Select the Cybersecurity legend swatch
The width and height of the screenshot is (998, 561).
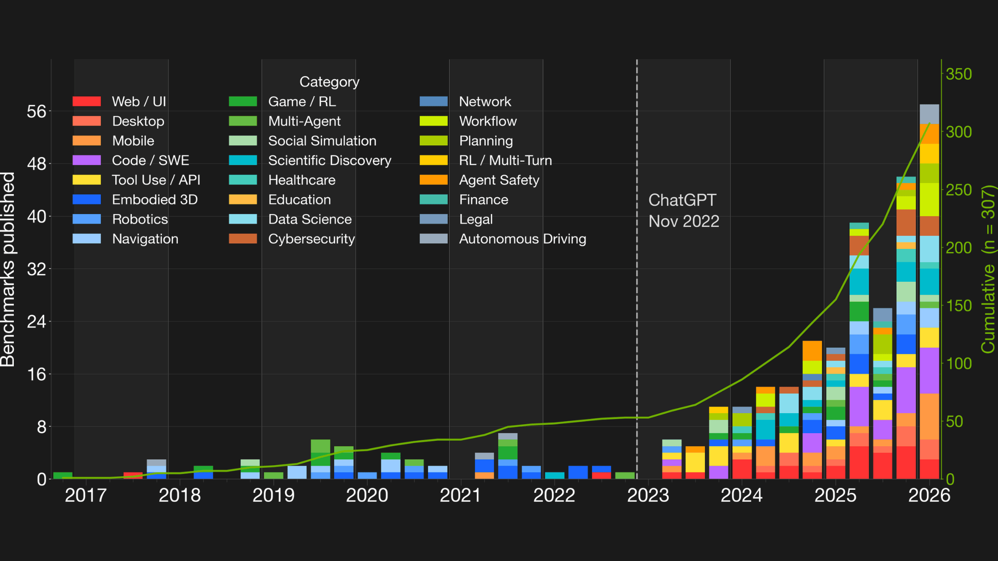pyautogui.click(x=243, y=239)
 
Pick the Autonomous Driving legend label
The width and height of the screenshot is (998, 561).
pyautogui.click(x=522, y=239)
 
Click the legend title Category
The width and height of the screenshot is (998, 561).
pyautogui.click(x=329, y=82)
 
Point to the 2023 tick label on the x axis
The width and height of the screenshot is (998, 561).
pyautogui.click(x=648, y=495)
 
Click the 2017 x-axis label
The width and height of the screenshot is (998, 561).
pyautogui.click(x=86, y=495)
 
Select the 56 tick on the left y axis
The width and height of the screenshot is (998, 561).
pyautogui.click(x=37, y=111)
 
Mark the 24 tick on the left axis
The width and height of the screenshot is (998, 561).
pyautogui.click(x=37, y=321)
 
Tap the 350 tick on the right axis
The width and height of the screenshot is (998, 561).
pyautogui.click(x=959, y=74)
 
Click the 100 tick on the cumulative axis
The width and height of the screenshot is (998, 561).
pyautogui.click(x=959, y=364)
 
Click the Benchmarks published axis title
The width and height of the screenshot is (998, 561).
pyautogui.click(x=8, y=269)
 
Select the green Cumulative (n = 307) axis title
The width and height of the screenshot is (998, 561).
pyautogui.click(x=988, y=269)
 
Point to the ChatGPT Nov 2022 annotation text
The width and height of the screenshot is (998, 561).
pyautogui.click(x=683, y=211)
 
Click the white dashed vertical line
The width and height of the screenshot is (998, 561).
pyautogui.click(x=637, y=312)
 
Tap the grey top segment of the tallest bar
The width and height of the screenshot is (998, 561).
pyautogui.click(x=929, y=114)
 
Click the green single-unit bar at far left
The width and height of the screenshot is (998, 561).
pyautogui.click(x=63, y=476)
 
